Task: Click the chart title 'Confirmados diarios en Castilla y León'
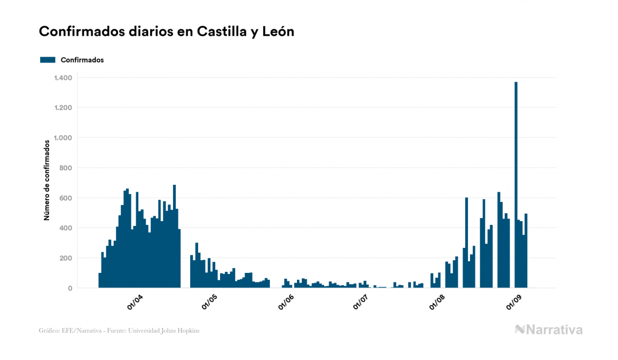(x=167, y=32)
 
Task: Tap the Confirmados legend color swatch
(x=48, y=60)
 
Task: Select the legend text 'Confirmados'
(x=82, y=60)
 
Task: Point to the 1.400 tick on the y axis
(x=62, y=78)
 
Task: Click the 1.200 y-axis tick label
(x=62, y=108)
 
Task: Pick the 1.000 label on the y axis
(x=62, y=138)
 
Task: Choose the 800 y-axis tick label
(x=65, y=168)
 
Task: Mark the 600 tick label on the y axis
(x=65, y=198)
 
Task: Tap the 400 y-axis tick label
(x=65, y=228)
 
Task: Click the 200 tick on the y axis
(x=65, y=259)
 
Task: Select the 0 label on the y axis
(x=69, y=288)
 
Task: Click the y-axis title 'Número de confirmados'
(x=47, y=181)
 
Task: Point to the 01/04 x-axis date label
(x=135, y=303)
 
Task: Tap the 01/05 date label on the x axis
(x=210, y=303)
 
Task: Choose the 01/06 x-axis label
(x=286, y=303)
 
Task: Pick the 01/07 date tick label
(x=361, y=303)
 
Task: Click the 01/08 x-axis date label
(x=437, y=303)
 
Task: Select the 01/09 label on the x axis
(x=514, y=303)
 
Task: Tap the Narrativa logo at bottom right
(x=549, y=330)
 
